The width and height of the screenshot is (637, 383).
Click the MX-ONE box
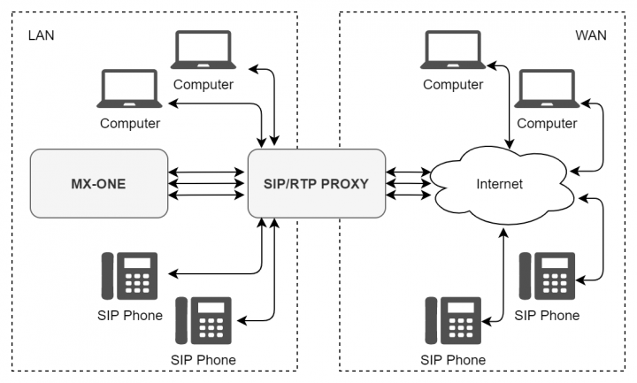98,184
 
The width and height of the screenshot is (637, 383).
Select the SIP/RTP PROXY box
317,184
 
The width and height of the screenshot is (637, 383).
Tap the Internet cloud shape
500,184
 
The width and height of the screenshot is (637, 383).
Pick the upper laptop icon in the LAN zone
203,52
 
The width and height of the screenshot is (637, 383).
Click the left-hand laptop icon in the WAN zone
453,52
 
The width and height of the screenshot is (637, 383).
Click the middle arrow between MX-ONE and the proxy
207,184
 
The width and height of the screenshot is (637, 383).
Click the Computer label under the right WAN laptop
547,123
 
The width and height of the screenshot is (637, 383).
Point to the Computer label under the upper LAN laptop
203,85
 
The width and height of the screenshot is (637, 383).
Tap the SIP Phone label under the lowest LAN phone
204,359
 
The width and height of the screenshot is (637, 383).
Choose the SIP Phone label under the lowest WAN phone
453,359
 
